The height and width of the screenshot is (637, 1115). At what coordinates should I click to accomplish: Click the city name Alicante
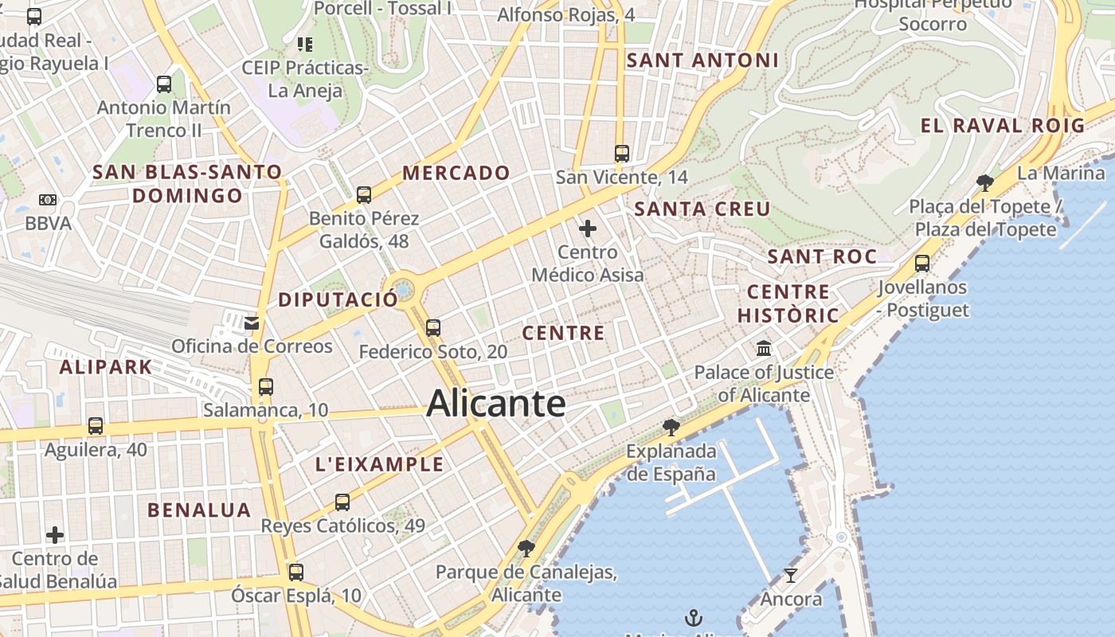point(496,403)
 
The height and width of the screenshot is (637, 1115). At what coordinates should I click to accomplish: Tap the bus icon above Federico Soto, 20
point(433,327)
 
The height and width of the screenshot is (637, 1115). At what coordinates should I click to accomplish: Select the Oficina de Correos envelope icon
point(252,322)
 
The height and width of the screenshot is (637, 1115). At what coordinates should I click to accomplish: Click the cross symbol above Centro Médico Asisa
point(588,229)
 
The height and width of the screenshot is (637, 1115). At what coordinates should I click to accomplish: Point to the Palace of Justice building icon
point(764,348)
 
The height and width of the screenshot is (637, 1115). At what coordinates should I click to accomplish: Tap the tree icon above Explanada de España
point(671,428)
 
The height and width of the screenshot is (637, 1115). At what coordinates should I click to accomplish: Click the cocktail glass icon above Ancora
point(791,575)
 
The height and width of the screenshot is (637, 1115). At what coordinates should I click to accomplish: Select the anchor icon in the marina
point(694,617)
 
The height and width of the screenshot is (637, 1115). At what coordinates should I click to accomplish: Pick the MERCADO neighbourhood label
point(456,173)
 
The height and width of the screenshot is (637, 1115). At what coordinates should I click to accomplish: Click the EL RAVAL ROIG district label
point(1003,125)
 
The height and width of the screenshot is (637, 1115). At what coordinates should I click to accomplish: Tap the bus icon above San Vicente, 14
point(622,153)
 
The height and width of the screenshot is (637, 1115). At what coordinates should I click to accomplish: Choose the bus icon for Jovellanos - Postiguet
point(922,263)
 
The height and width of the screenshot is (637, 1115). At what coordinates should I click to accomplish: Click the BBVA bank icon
point(48,200)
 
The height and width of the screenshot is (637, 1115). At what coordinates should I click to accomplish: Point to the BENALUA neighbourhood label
point(199,510)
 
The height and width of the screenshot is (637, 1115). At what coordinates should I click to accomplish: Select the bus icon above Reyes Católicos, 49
point(342,502)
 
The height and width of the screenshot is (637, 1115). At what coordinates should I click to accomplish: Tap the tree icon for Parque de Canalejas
point(526,548)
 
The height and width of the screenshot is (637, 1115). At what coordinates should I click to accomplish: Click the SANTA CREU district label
point(702,209)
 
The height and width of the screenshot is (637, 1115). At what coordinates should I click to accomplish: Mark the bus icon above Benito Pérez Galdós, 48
point(364,194)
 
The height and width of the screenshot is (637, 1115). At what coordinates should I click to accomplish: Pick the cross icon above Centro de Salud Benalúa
point(55,534)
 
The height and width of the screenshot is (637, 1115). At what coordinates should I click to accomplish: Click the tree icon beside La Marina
point(985,182)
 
